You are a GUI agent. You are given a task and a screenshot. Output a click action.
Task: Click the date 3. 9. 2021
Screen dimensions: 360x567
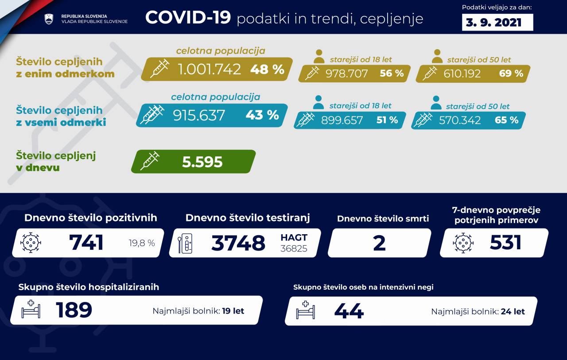pyautogui.click(x=497, y=22)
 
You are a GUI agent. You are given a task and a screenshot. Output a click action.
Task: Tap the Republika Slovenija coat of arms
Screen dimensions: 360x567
pyautogui.click(x=49, y=19)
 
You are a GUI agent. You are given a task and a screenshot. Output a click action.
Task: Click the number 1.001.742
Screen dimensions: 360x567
pyautogui.click(x=209, y=69)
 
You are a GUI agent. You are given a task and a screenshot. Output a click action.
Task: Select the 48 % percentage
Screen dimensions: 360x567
pyautogui.click(x=267, y=69)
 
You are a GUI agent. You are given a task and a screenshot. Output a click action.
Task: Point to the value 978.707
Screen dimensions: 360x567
pyautogui.click(x=346, y=74)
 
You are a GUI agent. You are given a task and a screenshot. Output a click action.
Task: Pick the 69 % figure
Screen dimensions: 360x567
pyautogui.click(x=511, y=74)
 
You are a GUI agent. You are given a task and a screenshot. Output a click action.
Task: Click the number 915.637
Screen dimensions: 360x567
pyautogui.click(x=199, y=115)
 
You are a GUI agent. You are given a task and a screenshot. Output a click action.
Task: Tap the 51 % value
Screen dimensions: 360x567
pyautogui.click(x=387, y=120)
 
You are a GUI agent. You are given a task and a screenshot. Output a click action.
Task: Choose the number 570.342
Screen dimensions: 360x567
pyautogui.click(x=460, y=120)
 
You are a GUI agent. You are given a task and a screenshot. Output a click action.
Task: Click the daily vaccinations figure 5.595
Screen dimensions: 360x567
pyautogui.click(x=202, y=162)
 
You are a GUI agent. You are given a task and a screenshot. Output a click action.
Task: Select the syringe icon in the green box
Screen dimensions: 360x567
pyautogui.click(x=150, y=161)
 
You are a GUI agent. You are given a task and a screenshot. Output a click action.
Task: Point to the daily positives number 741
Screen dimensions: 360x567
pyautogui.click(x=86, y=243)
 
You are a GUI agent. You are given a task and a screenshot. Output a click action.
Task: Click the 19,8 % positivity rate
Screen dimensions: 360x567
pyautogui.click(x=142, y=243)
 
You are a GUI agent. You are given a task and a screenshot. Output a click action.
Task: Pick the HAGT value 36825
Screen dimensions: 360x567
pyautogui.click(x=294, y=248)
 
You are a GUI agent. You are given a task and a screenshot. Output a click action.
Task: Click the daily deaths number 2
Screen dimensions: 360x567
pyautogui.click(x=379, y=243)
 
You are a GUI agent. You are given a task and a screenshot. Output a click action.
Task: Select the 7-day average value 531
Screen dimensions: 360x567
pyautogui.click(x=505, y=243)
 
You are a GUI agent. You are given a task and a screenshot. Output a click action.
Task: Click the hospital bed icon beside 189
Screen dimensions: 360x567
pyautogui.click(x=31, y=310)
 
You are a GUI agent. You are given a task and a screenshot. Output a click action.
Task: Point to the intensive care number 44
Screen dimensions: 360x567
pyautogui.click(x=349, y=311)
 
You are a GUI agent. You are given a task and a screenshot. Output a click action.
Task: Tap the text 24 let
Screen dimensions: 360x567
pyautogui.click(x=513, y=311)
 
